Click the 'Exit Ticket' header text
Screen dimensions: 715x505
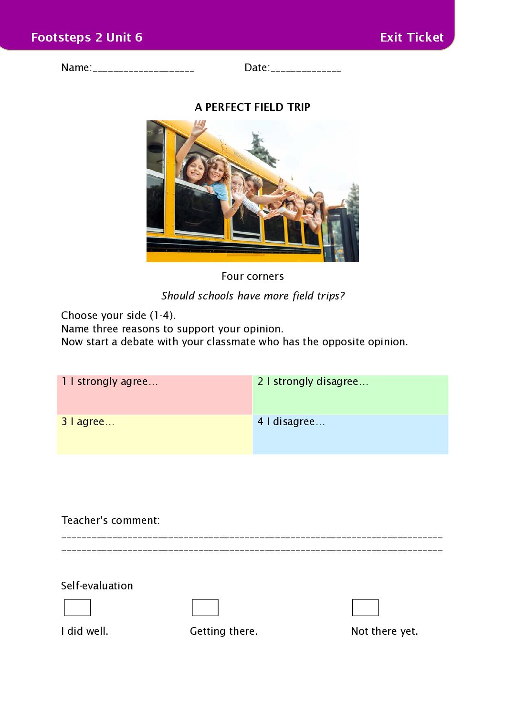[411, 37]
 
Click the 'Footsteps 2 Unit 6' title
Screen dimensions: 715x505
[86, 37]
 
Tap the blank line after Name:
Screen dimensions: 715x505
[144, 70]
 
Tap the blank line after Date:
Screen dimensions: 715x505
[305, 70]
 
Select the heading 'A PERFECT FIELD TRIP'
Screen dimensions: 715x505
[252, 107]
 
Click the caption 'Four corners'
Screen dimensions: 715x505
[252, 276]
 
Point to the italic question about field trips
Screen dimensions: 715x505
[252, 296]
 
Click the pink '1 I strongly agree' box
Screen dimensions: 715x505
[154, 395]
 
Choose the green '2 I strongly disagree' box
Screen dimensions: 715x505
[350, 395]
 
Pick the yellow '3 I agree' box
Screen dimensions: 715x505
[154, 434]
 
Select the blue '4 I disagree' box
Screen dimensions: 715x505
[350, 434]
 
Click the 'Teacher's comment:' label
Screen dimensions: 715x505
[110, 520]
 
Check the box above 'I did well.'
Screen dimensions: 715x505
[77, 608]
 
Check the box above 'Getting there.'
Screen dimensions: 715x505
[205, 608]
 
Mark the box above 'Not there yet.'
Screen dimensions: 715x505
[365, 608]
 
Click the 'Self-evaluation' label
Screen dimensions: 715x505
[97, 586]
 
